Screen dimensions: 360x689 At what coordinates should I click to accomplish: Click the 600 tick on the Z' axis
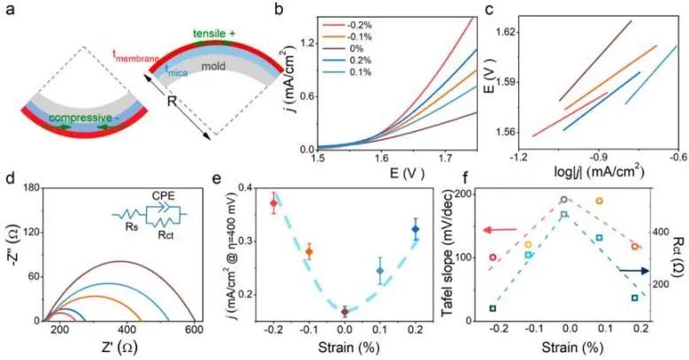tap(191, 331)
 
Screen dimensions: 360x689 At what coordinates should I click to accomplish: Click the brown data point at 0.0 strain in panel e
tap(345, 311)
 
